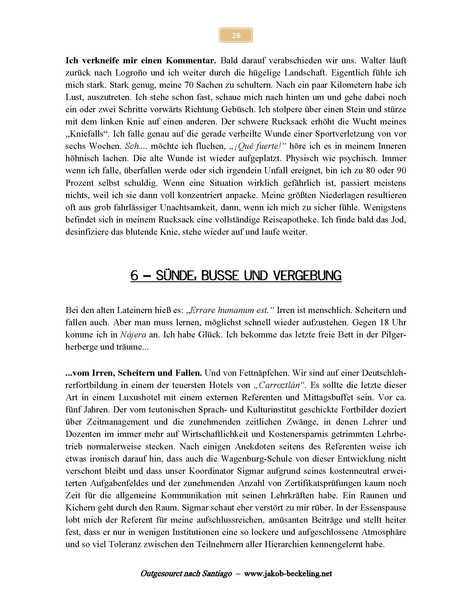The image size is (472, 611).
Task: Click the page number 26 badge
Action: pos(236,35)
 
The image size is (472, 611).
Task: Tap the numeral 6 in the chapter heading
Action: pos(134,276)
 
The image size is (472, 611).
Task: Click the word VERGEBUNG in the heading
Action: pos(307,276)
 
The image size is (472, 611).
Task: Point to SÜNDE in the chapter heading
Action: pos(175,276)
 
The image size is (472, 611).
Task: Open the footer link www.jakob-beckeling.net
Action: pos(288,574)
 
